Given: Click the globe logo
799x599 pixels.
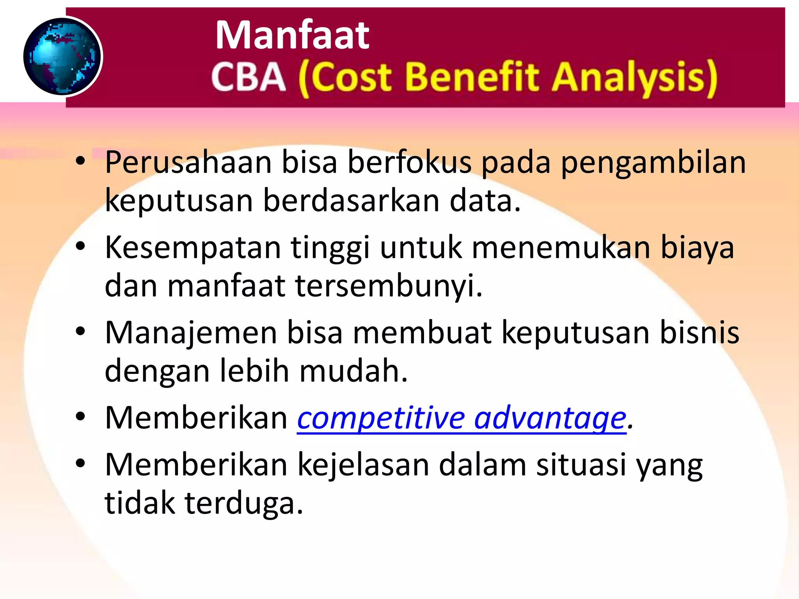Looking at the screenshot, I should pyautogui.click(x=62, y=57).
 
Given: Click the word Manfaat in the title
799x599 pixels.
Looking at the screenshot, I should pyautogui.click(x=292, y=35).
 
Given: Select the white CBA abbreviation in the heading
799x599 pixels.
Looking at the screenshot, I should pyautogui.click(x=249, y=77).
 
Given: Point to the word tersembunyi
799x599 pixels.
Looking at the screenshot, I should pyautogui.click(x=388, y=286).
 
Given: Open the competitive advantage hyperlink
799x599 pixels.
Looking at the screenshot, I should pyautogui.click(x=462, y=418).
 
